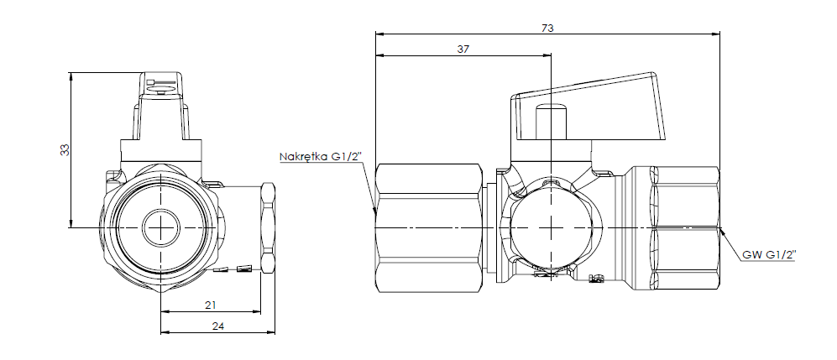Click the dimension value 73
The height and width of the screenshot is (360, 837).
coord(547,28)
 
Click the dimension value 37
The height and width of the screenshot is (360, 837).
coord(463,50)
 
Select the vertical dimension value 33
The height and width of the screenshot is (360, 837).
coord(64,149)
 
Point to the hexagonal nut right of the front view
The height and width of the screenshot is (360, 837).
coord(268,227)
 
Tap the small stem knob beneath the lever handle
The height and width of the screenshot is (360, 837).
coord(551,123)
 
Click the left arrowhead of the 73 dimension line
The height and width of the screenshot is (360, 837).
coord(379,34)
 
